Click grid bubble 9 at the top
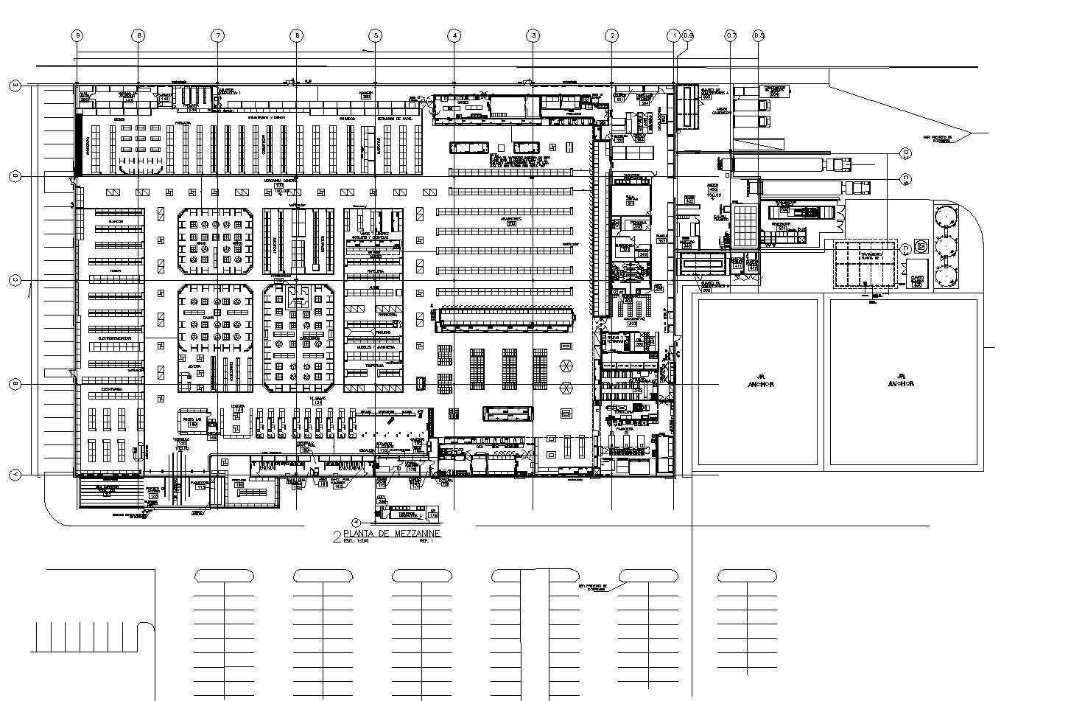pyautogui.click(x=77, y=35)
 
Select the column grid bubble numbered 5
pyautogui.click(x=376, y=35)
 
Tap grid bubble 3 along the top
pyautogui.click(x=533, y=35)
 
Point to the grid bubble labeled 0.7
pyautogui.click(x=731, y=35)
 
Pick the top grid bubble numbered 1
pyautogui.click(x=673, y=35)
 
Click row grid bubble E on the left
pyautogui.click(x=15, y=86)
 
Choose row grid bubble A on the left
pyautogui.click(x=15, y=475)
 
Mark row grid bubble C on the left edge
pyautogui.click(x=15, y=280)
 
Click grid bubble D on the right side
pyautogui.click(x=906, y=153)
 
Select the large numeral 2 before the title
pyautogui.click(x=337, y=536)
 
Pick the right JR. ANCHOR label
pyautogui.click(x=901, y=380)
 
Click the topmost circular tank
pyautogui.click(x=945, y=215)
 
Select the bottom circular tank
pyautogui.click(x=945, y=274)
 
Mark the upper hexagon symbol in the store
pyautogui.click(x=566, y=366)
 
